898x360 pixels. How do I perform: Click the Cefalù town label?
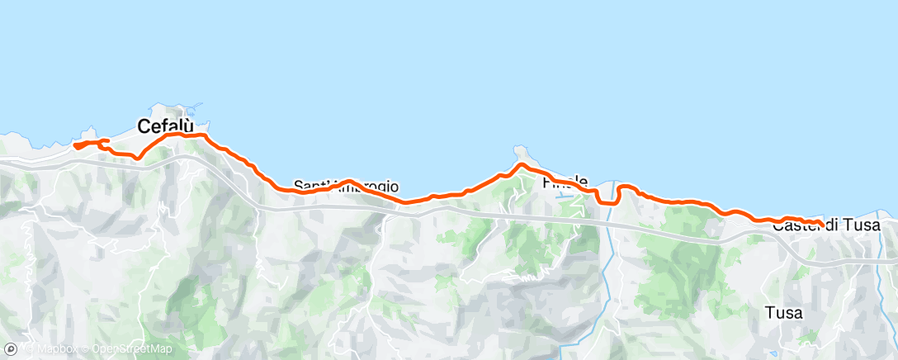pyautogui.click(x=166, y=126)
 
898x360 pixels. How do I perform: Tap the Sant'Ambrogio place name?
pyautogui.click(x=347, y=187)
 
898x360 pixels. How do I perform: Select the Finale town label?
pyautogui.click(x=565, y=181)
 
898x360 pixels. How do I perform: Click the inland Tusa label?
pyautogui.click(x=784, y=313)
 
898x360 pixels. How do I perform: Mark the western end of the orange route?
pyautogui.click(x=75, y=145)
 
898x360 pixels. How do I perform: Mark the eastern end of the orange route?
pyautogui.click(x=820, y=221)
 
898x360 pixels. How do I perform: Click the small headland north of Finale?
pyautogui.click(x=520, y=153)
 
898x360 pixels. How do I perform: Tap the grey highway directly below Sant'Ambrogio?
pyautogui.click(x=347, y=208)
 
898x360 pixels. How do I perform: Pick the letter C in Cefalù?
pyautogui.click(x=144, y=126)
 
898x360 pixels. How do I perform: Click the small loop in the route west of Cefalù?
pyautogui.click(x=102, y=144)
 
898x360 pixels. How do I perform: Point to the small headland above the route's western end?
pyautogui.click(x=89, y=130)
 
